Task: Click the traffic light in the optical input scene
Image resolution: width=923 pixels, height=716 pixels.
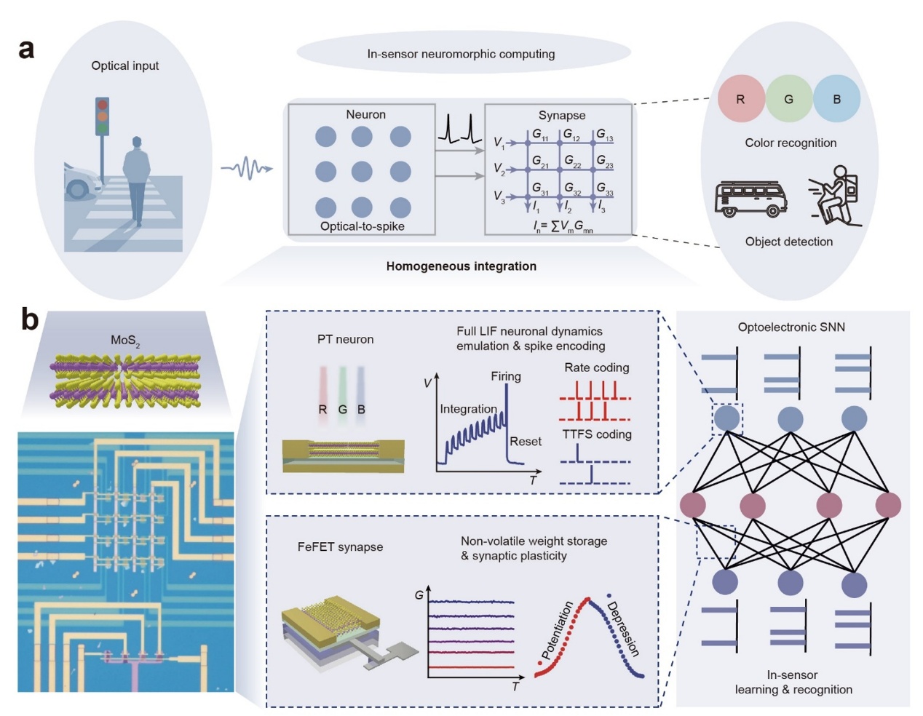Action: (x=102, y=116)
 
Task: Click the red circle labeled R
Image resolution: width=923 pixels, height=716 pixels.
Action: (x=740, y=99)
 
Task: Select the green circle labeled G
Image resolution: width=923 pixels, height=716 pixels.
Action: (x=788, y=99)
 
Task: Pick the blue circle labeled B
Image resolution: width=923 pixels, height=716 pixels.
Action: (x=836, y=99)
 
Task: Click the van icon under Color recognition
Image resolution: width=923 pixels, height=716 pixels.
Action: (x=751, y=198)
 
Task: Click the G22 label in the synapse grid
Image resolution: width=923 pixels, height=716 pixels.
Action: (x=572, y=162)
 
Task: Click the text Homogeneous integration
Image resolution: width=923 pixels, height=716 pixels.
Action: (x=461, y=266)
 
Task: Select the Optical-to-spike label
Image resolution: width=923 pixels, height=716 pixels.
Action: (x=362, y=226)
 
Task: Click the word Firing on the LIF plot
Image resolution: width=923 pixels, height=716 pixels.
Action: (x=505, y=376)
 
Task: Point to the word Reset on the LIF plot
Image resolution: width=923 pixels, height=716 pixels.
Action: (x=525, y=441)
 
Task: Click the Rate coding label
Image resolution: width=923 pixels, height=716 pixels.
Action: (x=596, y=367)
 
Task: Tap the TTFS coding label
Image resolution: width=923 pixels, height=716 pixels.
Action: (x=596, y=434)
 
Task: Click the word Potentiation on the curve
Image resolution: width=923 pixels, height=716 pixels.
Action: (x=558, y=629)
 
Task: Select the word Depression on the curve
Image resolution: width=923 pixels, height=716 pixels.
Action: (x=623, y=629)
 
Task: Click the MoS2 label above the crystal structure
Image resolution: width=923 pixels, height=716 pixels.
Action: (x=125, y=341)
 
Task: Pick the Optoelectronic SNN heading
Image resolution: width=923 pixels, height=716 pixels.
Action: (x=791, y=327)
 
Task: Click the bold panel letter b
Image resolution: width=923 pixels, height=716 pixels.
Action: (x=30, y=319)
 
